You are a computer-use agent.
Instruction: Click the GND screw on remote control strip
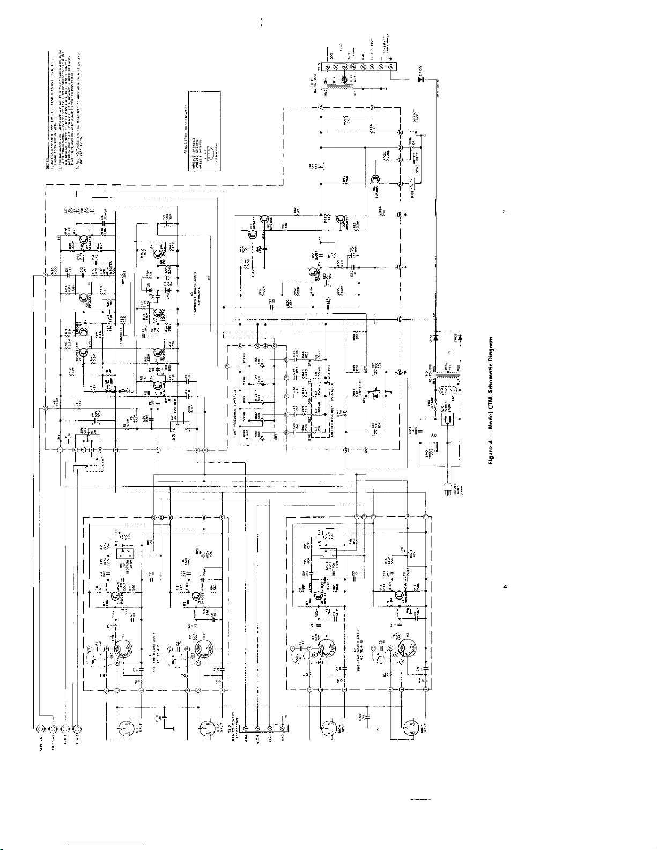point(283,728)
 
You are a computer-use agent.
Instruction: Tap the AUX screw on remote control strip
point(245,728)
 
